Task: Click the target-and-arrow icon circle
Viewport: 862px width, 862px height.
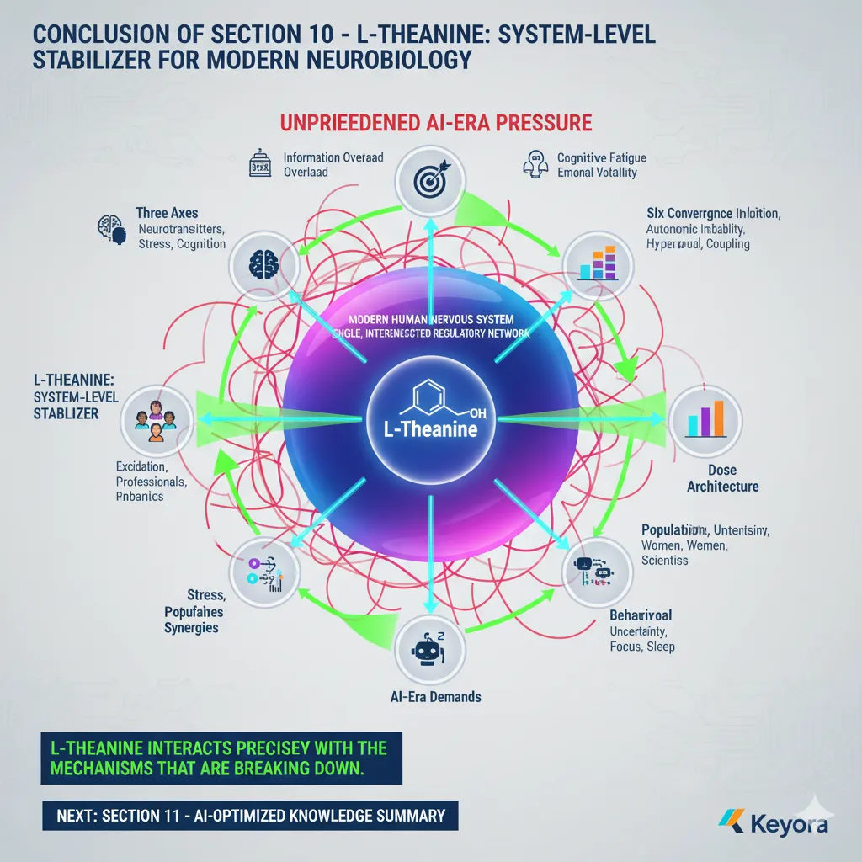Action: click(430, 178)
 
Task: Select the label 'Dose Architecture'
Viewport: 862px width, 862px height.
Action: click(722, 477)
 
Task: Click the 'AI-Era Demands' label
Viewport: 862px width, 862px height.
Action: click(436, 697)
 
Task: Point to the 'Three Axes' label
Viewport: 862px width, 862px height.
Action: click(167, 214)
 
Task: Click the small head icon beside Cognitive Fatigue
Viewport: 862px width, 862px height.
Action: click(535, 162)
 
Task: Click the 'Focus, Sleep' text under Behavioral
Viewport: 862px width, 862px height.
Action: click(641, 646)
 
